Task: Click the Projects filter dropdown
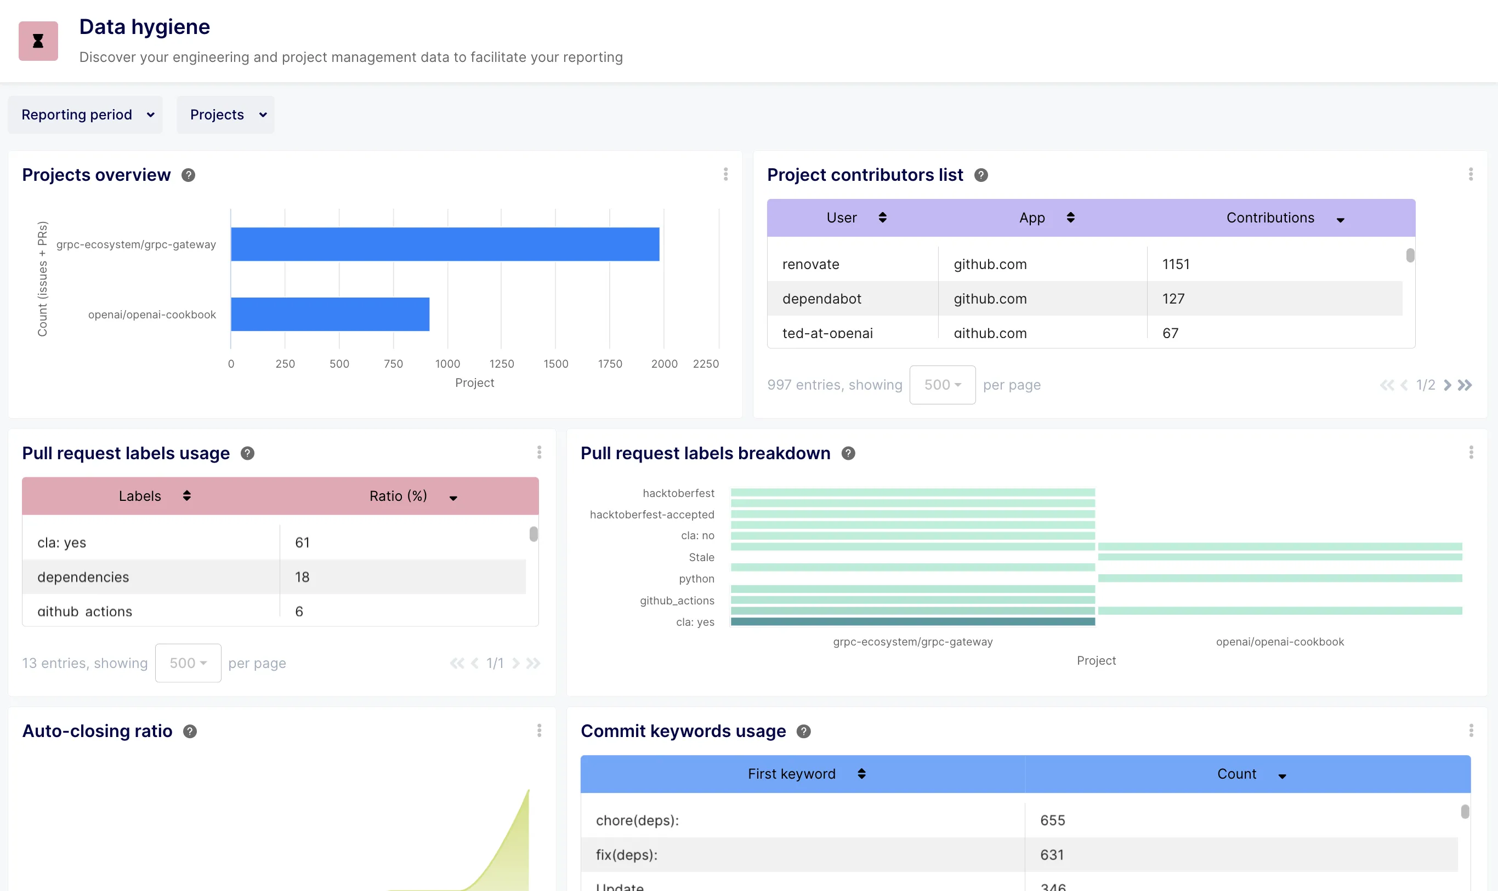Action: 226,115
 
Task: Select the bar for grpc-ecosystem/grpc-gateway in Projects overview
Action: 445,244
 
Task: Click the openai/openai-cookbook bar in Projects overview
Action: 330,314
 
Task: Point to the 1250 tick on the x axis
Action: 502,364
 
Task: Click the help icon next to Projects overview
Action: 188,175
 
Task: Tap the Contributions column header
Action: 1270,218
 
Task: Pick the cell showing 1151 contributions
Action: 1176,264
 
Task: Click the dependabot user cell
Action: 822,299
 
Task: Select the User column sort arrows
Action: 882,218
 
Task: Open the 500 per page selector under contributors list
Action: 942,385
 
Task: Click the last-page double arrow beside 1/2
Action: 1465,385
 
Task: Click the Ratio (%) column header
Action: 398,496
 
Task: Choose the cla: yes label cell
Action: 62,543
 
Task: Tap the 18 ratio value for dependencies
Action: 302,577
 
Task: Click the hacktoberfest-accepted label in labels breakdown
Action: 652,515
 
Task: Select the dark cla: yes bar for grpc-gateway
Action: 912,622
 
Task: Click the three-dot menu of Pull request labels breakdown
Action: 1471,453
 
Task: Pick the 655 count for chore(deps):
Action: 1052,820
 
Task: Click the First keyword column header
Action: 791,774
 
